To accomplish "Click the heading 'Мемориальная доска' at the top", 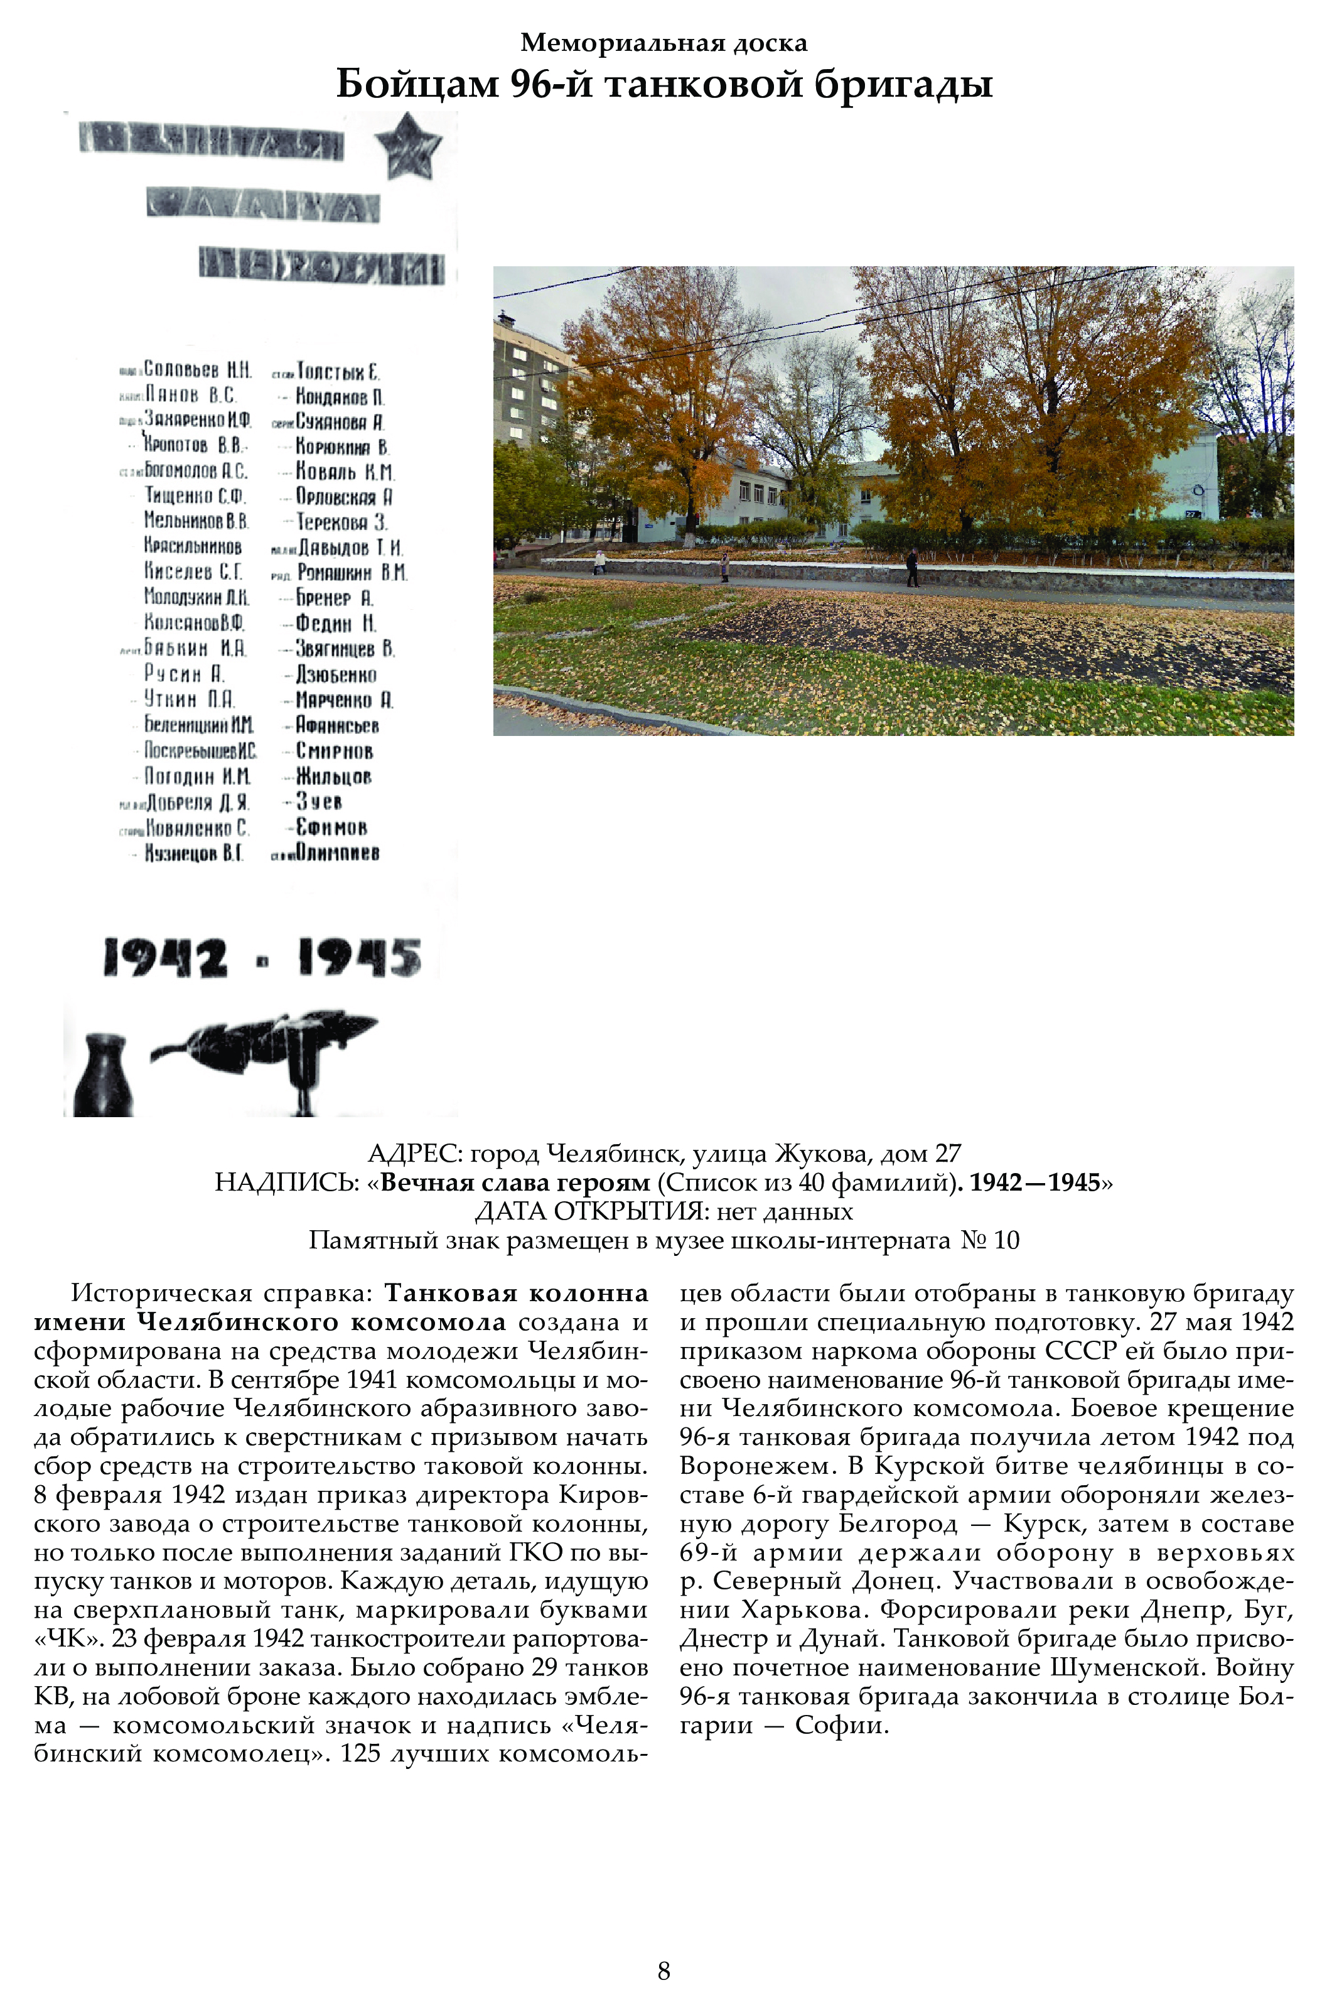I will click(x=663, y=42).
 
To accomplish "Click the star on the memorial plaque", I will click(x=409, y=146).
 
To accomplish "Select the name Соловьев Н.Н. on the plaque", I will click(x=197, y=370).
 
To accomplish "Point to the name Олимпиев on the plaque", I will click(x=337, y=853).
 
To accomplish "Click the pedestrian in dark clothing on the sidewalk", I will click(x=911, y=566).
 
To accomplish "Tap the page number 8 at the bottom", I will click(x=663, y=1971).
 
